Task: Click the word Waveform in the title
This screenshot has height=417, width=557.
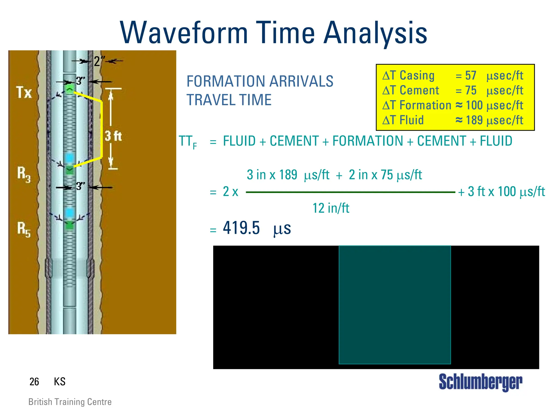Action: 184,33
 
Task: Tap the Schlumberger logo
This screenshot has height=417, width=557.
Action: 481,382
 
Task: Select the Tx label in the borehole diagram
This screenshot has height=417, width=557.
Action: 24,92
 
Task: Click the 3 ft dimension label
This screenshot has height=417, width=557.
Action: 113,136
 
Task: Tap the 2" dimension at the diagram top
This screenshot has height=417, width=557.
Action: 98,61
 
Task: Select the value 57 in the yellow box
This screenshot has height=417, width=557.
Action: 471,76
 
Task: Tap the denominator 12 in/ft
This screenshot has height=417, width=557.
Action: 331,208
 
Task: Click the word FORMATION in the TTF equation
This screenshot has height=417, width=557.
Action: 368,141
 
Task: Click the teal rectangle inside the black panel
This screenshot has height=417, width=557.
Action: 395,305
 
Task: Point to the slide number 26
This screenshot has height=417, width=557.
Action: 34,382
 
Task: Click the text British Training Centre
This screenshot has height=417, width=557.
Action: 70,402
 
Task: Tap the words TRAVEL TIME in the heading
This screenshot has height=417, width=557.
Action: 229,100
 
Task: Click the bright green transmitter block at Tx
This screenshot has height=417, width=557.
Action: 70,90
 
